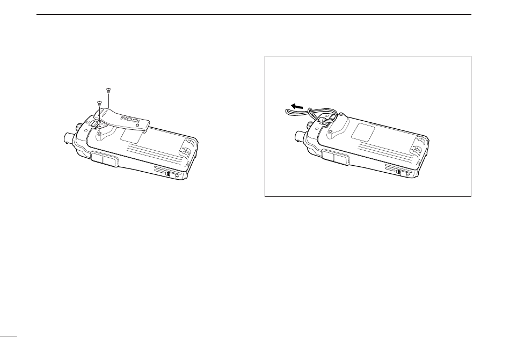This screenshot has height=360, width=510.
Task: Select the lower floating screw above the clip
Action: (x=99, y=103)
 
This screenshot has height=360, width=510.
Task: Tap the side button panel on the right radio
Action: (x=336, y=158)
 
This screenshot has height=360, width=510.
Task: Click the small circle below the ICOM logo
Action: (x=137, y=125)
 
